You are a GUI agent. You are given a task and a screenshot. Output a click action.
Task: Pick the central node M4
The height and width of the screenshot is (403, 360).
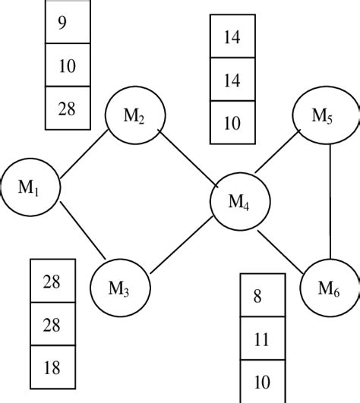pyautogui.click(x=240, y=202)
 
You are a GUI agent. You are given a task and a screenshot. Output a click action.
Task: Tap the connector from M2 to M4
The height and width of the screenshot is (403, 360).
pyautogui.click(x=187, y=158)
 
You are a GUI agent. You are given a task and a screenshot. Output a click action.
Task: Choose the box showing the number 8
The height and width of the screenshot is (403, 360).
pyautogui.click(x=263, y=295)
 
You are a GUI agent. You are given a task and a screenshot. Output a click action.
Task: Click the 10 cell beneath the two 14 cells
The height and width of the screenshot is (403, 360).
pyautogui.click(x=232, y=121)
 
